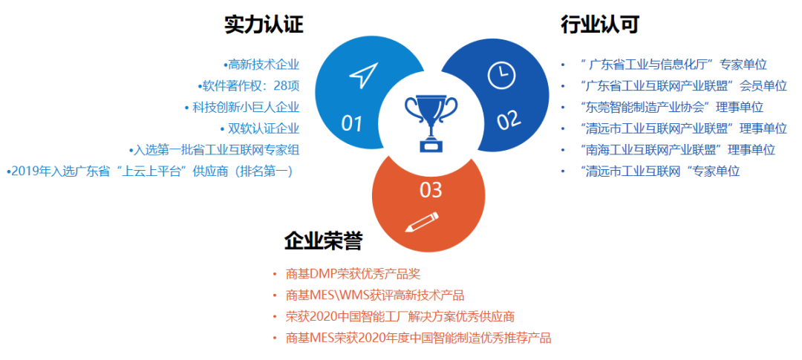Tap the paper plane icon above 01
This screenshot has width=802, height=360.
point(364,75)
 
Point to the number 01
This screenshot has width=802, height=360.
point(351,123)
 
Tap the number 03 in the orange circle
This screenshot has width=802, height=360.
point(431,190)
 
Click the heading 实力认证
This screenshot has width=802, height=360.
point(264,24)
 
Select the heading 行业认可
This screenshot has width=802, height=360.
point(599,24)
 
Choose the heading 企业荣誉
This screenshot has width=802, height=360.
point(323,240)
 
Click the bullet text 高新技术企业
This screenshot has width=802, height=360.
point(261,65)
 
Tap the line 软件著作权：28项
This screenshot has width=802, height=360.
point(249,85)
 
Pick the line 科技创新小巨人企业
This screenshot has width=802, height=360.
point(242,107)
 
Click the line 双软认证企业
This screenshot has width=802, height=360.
point(260,128)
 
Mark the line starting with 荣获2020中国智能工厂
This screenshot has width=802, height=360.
point(400,316)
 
